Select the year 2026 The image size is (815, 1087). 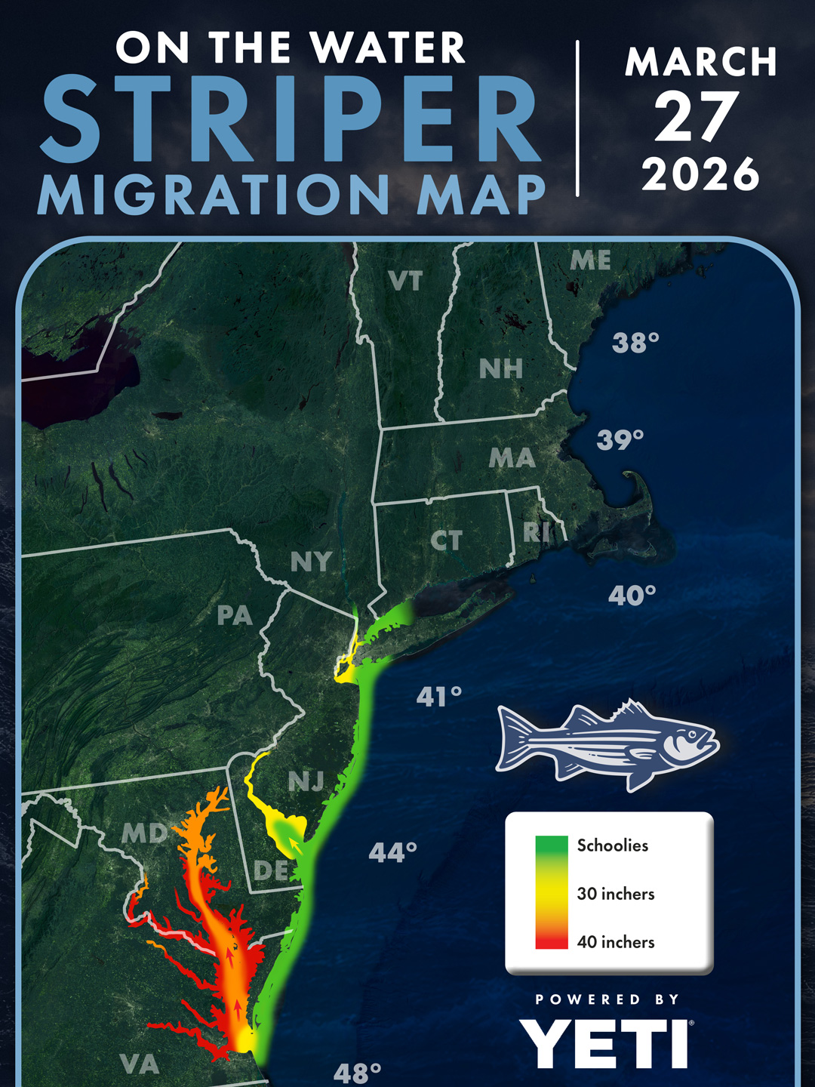coord(700,174)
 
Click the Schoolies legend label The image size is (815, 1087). coord(613,845)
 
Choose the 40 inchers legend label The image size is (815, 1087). coord(616,942)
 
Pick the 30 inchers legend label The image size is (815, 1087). coord(616,894)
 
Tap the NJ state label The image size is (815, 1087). coord(306,782)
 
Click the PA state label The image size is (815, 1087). coord(235,616)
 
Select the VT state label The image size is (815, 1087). coord(405,282)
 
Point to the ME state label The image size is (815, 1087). coord(590,260)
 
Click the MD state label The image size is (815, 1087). coord(144,833)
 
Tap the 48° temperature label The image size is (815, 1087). coord(357,1073)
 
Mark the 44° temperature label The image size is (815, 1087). coord(393,853)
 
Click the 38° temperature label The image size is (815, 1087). coord(635,343)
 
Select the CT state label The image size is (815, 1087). coord(446,540)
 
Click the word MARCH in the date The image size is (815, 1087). coord(700,62)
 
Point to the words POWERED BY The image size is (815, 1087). coord(607,999)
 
